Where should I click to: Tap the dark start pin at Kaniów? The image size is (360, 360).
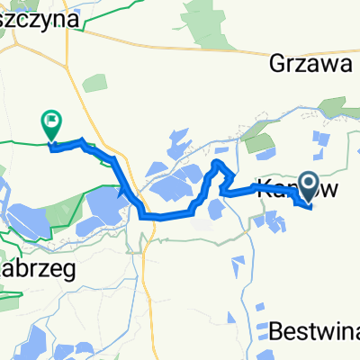tap(308, 187)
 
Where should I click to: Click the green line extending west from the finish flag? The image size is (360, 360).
tap(22, 142)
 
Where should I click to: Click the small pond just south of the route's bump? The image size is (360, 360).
tap(216, 210)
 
